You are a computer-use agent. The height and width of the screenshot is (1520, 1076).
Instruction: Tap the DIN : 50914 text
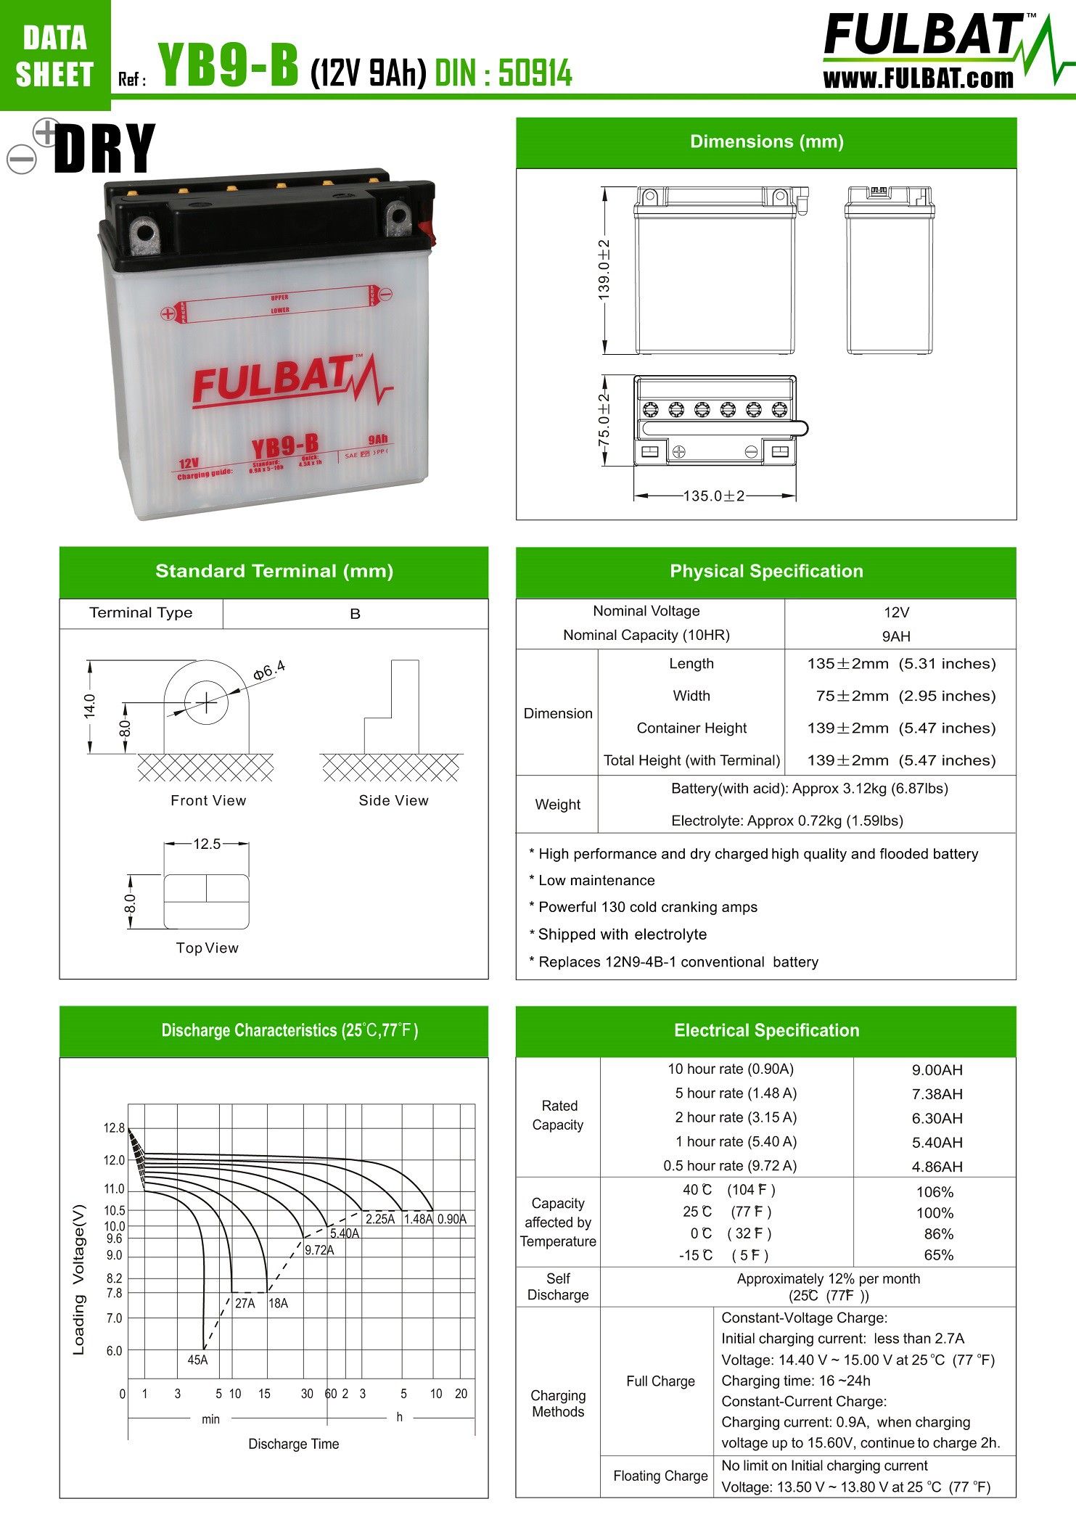pyautogui.click(x=504, y=73)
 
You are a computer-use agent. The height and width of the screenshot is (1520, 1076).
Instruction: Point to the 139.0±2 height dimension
pyautogui.click(x=604, y=269)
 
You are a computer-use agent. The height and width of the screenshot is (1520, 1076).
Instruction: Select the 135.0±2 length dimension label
pyautogui.click(x=714, y=496)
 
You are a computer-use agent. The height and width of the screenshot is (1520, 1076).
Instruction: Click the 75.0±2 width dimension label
pyautogui.click(x=604, y=420)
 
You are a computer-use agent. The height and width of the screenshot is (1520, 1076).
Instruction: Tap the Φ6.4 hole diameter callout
pyautogui.click(x=269, y=670)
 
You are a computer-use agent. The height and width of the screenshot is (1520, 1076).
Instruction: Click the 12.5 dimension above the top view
pyautogui.click(x=207, y=844)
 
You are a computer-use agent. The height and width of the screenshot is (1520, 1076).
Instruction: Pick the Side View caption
pyautogui.click(x=393, y=800)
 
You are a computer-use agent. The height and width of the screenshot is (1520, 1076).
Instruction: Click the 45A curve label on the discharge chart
pyautogui.click(x=197, y=1360)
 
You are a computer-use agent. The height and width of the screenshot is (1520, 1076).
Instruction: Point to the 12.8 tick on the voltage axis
pyautogui.click(x=114, y=1128)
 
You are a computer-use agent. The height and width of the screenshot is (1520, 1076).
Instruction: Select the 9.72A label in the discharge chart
pyautogui.click(x=319, y=1250)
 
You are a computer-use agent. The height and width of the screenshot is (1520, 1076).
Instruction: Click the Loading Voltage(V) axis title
pyautogui.click(x=79, y=1280)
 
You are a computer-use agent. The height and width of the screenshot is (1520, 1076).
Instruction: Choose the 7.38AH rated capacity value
pyautogui.click(x=937, y=1094)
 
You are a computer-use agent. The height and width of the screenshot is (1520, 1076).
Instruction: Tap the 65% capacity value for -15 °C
pyautogui.click(x=938, y=1255)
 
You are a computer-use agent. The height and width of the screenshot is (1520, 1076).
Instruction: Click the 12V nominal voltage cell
pyautogui.click(x=896, y=612)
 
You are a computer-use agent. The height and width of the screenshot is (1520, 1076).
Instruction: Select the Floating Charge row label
pyautogui.click(x=660, y=1476)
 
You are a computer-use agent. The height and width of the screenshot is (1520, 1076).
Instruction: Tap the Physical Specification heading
pyautogui.click(x=766, y=571)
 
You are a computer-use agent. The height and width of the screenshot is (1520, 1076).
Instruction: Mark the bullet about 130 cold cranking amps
pyautogui.click(x=647, y=907)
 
